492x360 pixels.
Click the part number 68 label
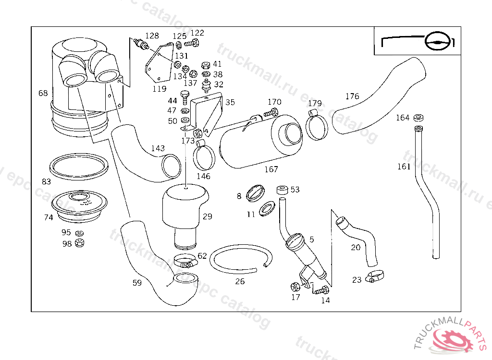43,93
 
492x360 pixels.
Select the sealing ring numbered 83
79,167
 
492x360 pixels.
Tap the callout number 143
158,148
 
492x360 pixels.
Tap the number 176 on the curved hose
352,96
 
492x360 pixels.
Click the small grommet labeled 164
419,117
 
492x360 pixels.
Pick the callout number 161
404,167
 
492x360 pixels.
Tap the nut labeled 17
295,287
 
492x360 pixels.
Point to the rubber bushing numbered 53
282,191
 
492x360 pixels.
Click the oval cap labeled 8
255,193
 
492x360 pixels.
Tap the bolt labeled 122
192,44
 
